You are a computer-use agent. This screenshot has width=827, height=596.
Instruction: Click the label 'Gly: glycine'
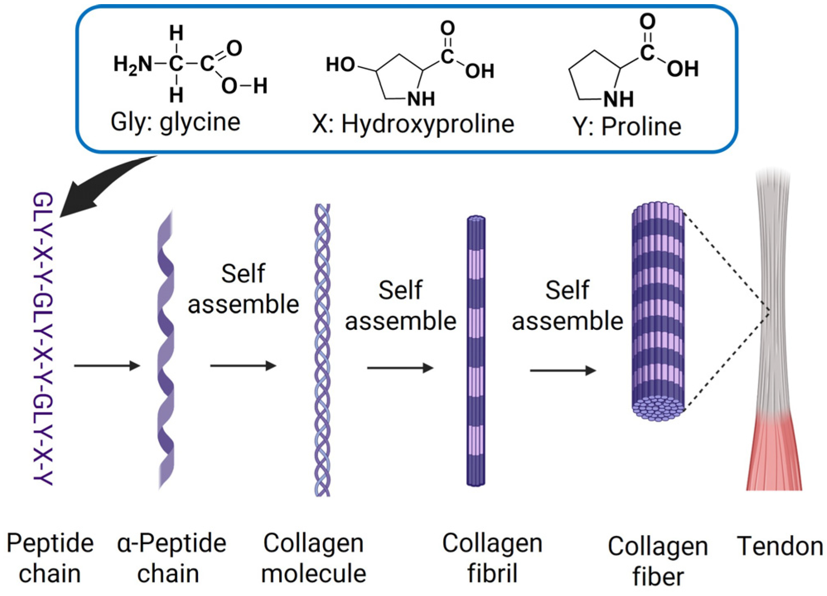(175, 123)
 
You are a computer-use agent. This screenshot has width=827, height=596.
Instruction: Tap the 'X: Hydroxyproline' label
(413, 124)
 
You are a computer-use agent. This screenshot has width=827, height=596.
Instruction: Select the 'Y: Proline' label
(627, 126)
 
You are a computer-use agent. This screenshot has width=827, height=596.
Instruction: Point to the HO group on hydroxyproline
(340, 65)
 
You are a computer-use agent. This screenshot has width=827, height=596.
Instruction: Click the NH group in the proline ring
(618, 99)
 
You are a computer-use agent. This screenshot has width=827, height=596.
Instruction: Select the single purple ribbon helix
(166, 350)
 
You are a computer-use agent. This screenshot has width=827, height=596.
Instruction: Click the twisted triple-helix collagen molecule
(323, 350)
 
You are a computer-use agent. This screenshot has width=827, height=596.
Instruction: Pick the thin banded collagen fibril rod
(476, 351)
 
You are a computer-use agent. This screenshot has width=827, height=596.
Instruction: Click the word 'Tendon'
(780, 546)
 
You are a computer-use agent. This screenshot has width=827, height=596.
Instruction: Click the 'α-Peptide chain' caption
(171, 558)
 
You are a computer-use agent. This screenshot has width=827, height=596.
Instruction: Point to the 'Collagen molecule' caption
(313, 558)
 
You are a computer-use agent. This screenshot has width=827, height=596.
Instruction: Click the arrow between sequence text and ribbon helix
(107, 365)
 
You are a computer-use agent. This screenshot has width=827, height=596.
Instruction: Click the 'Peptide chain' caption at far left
(50, 558)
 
